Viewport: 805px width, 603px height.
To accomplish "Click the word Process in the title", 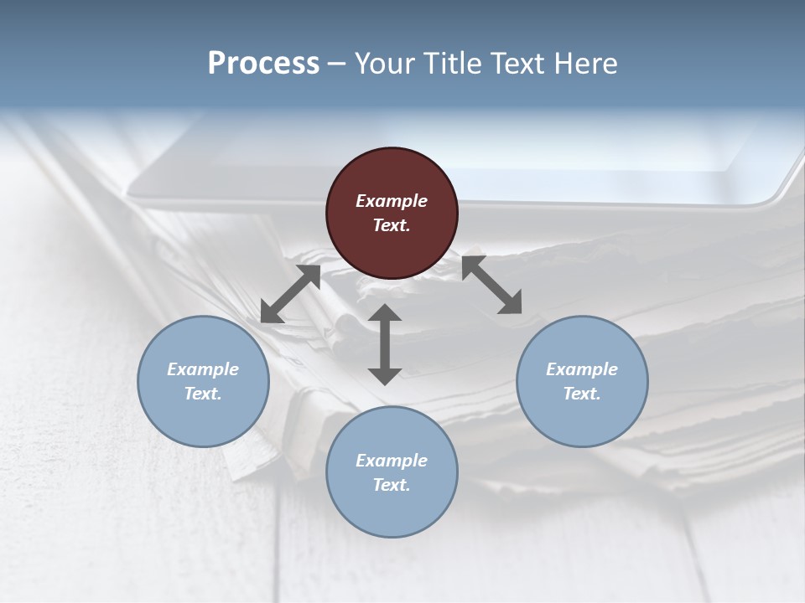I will [x=263, y=63].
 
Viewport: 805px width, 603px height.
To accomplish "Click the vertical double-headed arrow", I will [x=385, y=344].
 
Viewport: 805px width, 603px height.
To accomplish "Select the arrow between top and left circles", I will [x=291, y=294].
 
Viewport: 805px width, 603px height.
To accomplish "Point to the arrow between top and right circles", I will [x=491, y=286].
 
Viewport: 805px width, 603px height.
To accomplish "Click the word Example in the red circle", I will [x=392, y=201].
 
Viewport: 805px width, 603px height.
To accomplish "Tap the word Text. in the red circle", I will [x=392, y=225].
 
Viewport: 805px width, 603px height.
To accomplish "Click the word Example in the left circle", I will [x=203, y=369].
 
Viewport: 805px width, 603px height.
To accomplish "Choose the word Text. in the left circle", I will [x=203, y=394].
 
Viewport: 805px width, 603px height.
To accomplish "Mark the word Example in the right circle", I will [x=582, y=369].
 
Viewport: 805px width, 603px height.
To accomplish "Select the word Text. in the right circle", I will [x=582, y=394].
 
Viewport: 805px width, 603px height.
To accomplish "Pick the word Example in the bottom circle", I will [x=392, y=461].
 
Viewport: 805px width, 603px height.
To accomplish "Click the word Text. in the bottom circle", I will [x=392, y=485].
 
